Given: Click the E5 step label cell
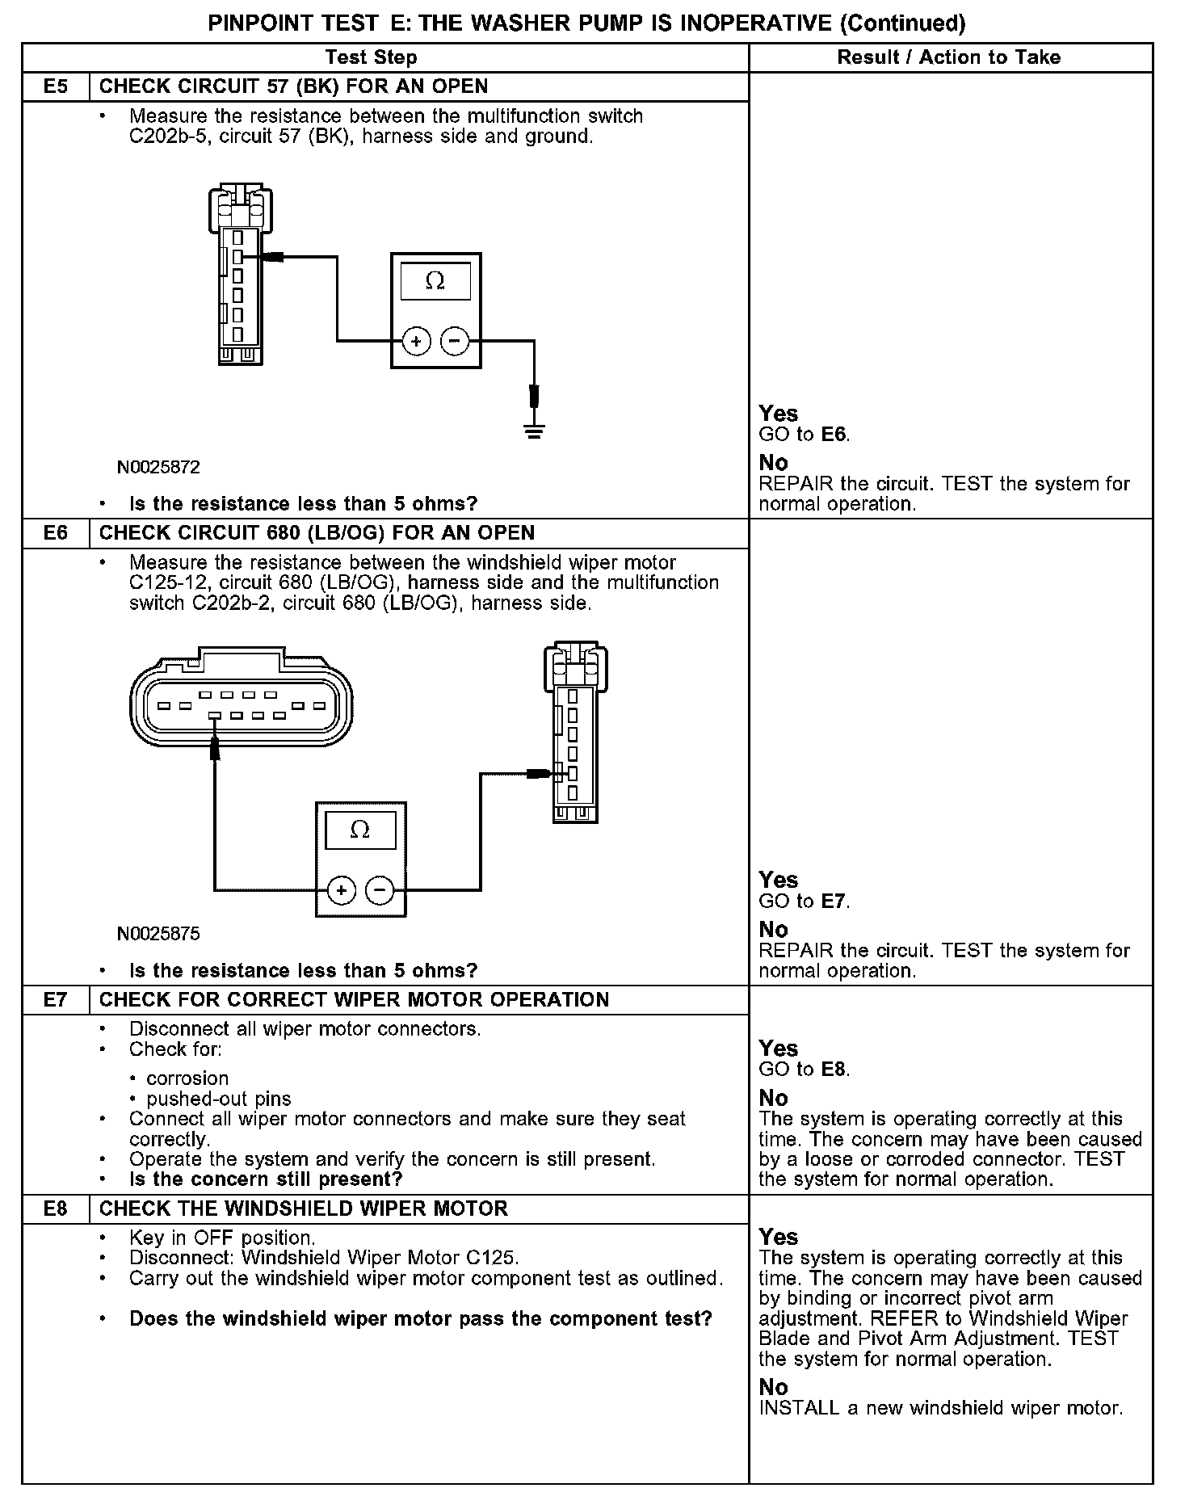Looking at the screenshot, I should click(x=56, y=86).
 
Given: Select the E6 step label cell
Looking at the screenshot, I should click(x=56, y=533).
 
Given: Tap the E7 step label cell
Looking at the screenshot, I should click(x=56, y=1000).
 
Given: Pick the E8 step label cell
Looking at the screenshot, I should click(x=56, y=1209).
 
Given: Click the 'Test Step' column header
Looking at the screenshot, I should click(x=372, y=57).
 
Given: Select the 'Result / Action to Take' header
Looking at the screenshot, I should click(x=949, y=57).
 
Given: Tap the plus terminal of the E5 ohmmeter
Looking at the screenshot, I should click(x=417, y=342).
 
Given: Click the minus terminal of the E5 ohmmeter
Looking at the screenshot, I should click(x=455, y=342).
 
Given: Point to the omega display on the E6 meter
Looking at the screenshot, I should click(x=360, y=830).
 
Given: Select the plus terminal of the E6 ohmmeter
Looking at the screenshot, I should click(x=342, y=890).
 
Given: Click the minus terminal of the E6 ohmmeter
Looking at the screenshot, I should click(x=380, y=890).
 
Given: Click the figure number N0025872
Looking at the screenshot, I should click(x=158, y=468).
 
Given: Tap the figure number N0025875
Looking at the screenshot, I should click(x=158, y=935).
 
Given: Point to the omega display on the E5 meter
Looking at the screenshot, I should click(x=435, y=281).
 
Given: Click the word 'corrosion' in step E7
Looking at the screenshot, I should click(x=187, y=1078).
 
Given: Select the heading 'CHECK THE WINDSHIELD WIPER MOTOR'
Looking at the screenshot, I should click(x=304, y=1209).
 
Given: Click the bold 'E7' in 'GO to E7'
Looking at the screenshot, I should click(x=834, y=902).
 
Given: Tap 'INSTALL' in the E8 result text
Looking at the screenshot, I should click(x=799, y=1408).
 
